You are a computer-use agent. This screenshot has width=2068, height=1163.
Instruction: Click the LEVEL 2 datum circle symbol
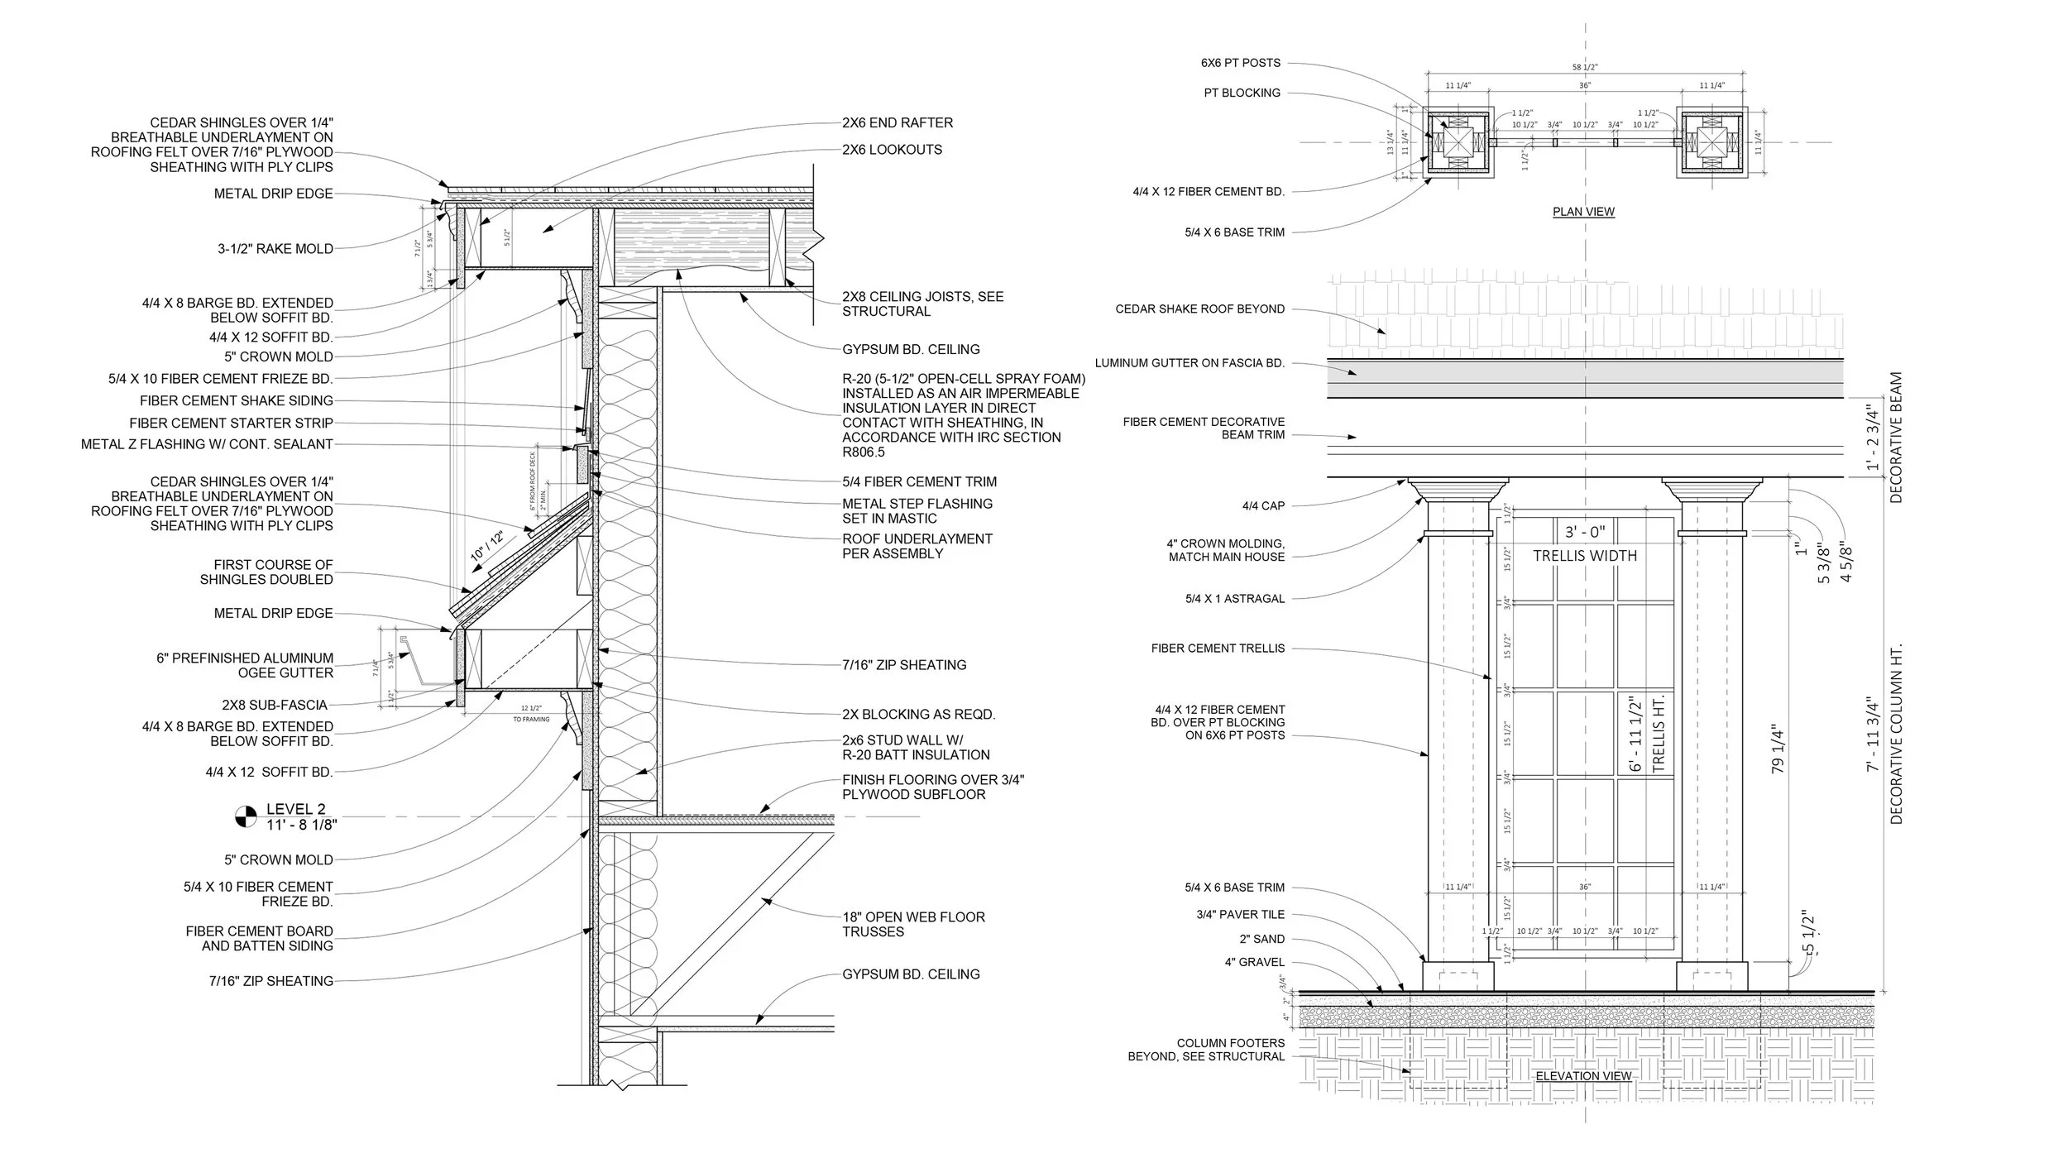246,817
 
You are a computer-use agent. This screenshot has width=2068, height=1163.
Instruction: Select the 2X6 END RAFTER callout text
898,122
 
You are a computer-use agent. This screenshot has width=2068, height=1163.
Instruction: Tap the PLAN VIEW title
1583,212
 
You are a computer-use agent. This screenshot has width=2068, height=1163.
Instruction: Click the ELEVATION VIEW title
1583,1076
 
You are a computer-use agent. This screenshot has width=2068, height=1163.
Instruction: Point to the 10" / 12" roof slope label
487,548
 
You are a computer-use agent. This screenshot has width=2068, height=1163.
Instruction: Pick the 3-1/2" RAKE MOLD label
275,248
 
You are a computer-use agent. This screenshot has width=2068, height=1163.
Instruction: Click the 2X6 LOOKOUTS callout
892,150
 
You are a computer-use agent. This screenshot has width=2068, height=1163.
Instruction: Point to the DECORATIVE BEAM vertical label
1896,438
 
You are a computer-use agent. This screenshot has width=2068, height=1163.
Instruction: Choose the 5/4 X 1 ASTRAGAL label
1235,599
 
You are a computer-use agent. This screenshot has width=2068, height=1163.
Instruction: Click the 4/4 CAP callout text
1262,506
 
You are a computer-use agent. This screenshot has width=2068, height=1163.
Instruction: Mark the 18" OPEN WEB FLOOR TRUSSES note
913,924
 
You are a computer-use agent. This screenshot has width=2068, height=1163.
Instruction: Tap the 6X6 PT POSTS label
1241,63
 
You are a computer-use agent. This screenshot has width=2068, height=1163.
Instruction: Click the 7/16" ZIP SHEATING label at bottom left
271,981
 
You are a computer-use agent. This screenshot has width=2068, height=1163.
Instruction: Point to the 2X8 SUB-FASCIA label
275,705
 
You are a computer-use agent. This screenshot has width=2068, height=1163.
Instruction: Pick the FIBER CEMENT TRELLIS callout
1218,649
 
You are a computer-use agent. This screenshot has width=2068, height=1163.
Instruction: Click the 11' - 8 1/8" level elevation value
301,825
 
